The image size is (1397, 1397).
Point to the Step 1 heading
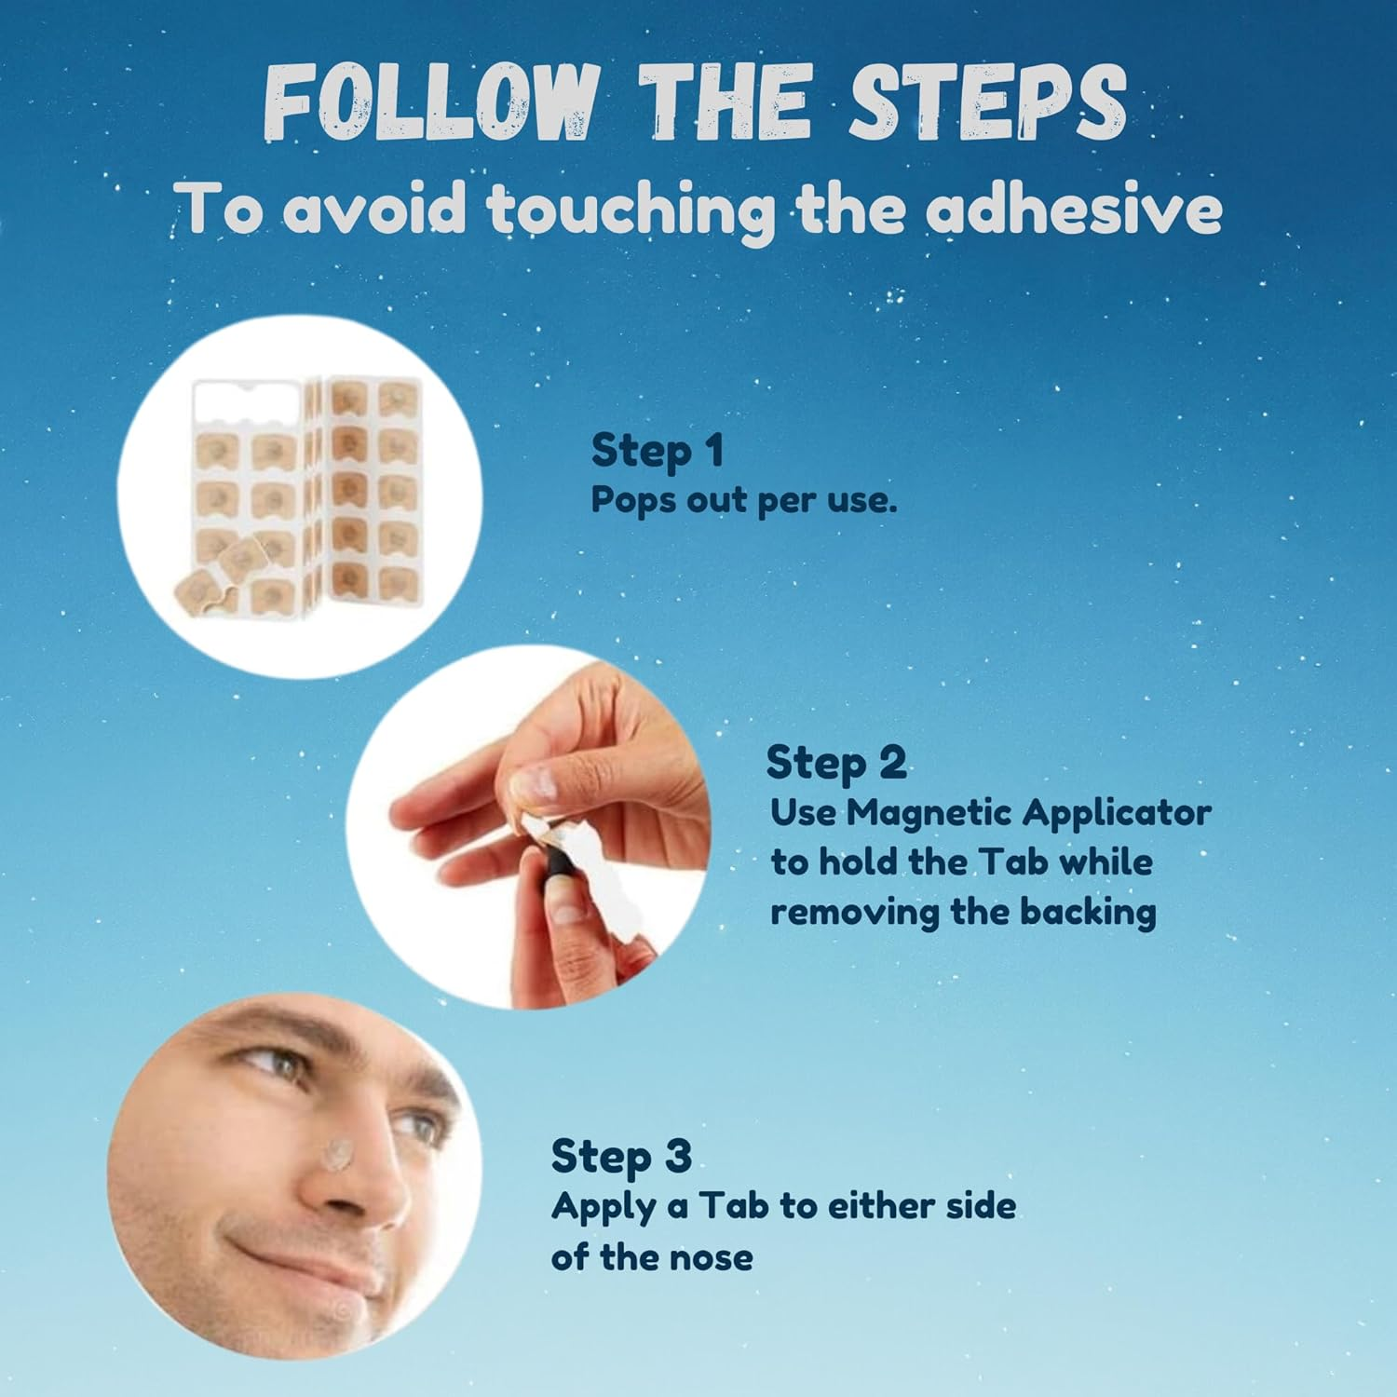(658, 452)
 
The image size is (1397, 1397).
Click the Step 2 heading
(835, 764)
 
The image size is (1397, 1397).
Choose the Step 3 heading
(621, 1157)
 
